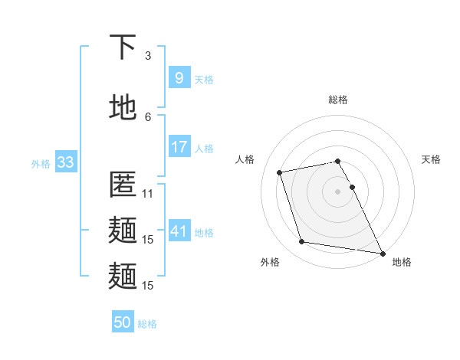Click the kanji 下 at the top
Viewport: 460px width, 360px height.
point(123,48)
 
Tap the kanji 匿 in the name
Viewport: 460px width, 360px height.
point(123,186)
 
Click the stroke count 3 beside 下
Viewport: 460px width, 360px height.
point(148,55)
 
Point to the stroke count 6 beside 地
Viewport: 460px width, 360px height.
point(148,116)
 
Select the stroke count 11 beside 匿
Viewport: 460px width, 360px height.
point(148,194)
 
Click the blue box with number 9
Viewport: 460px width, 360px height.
point(179,78)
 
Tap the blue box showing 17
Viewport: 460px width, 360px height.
point(179,147)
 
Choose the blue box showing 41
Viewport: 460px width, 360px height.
point(179,231)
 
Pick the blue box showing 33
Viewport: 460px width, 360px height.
point(64,162)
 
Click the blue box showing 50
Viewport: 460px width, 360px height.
point(122,323)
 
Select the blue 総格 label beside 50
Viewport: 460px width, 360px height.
point(147,325)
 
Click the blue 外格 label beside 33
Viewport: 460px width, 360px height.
point(41,164)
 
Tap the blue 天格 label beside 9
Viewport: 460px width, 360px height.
point(204,80)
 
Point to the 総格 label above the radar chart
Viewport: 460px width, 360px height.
point(338,100)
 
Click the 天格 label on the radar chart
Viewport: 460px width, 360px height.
point(431,159)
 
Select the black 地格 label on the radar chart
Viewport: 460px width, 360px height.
point(402,262)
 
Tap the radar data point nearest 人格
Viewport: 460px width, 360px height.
point(280,172)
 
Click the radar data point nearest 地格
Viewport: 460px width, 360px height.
point(383,253)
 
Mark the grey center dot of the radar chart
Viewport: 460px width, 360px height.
point(337,191)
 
